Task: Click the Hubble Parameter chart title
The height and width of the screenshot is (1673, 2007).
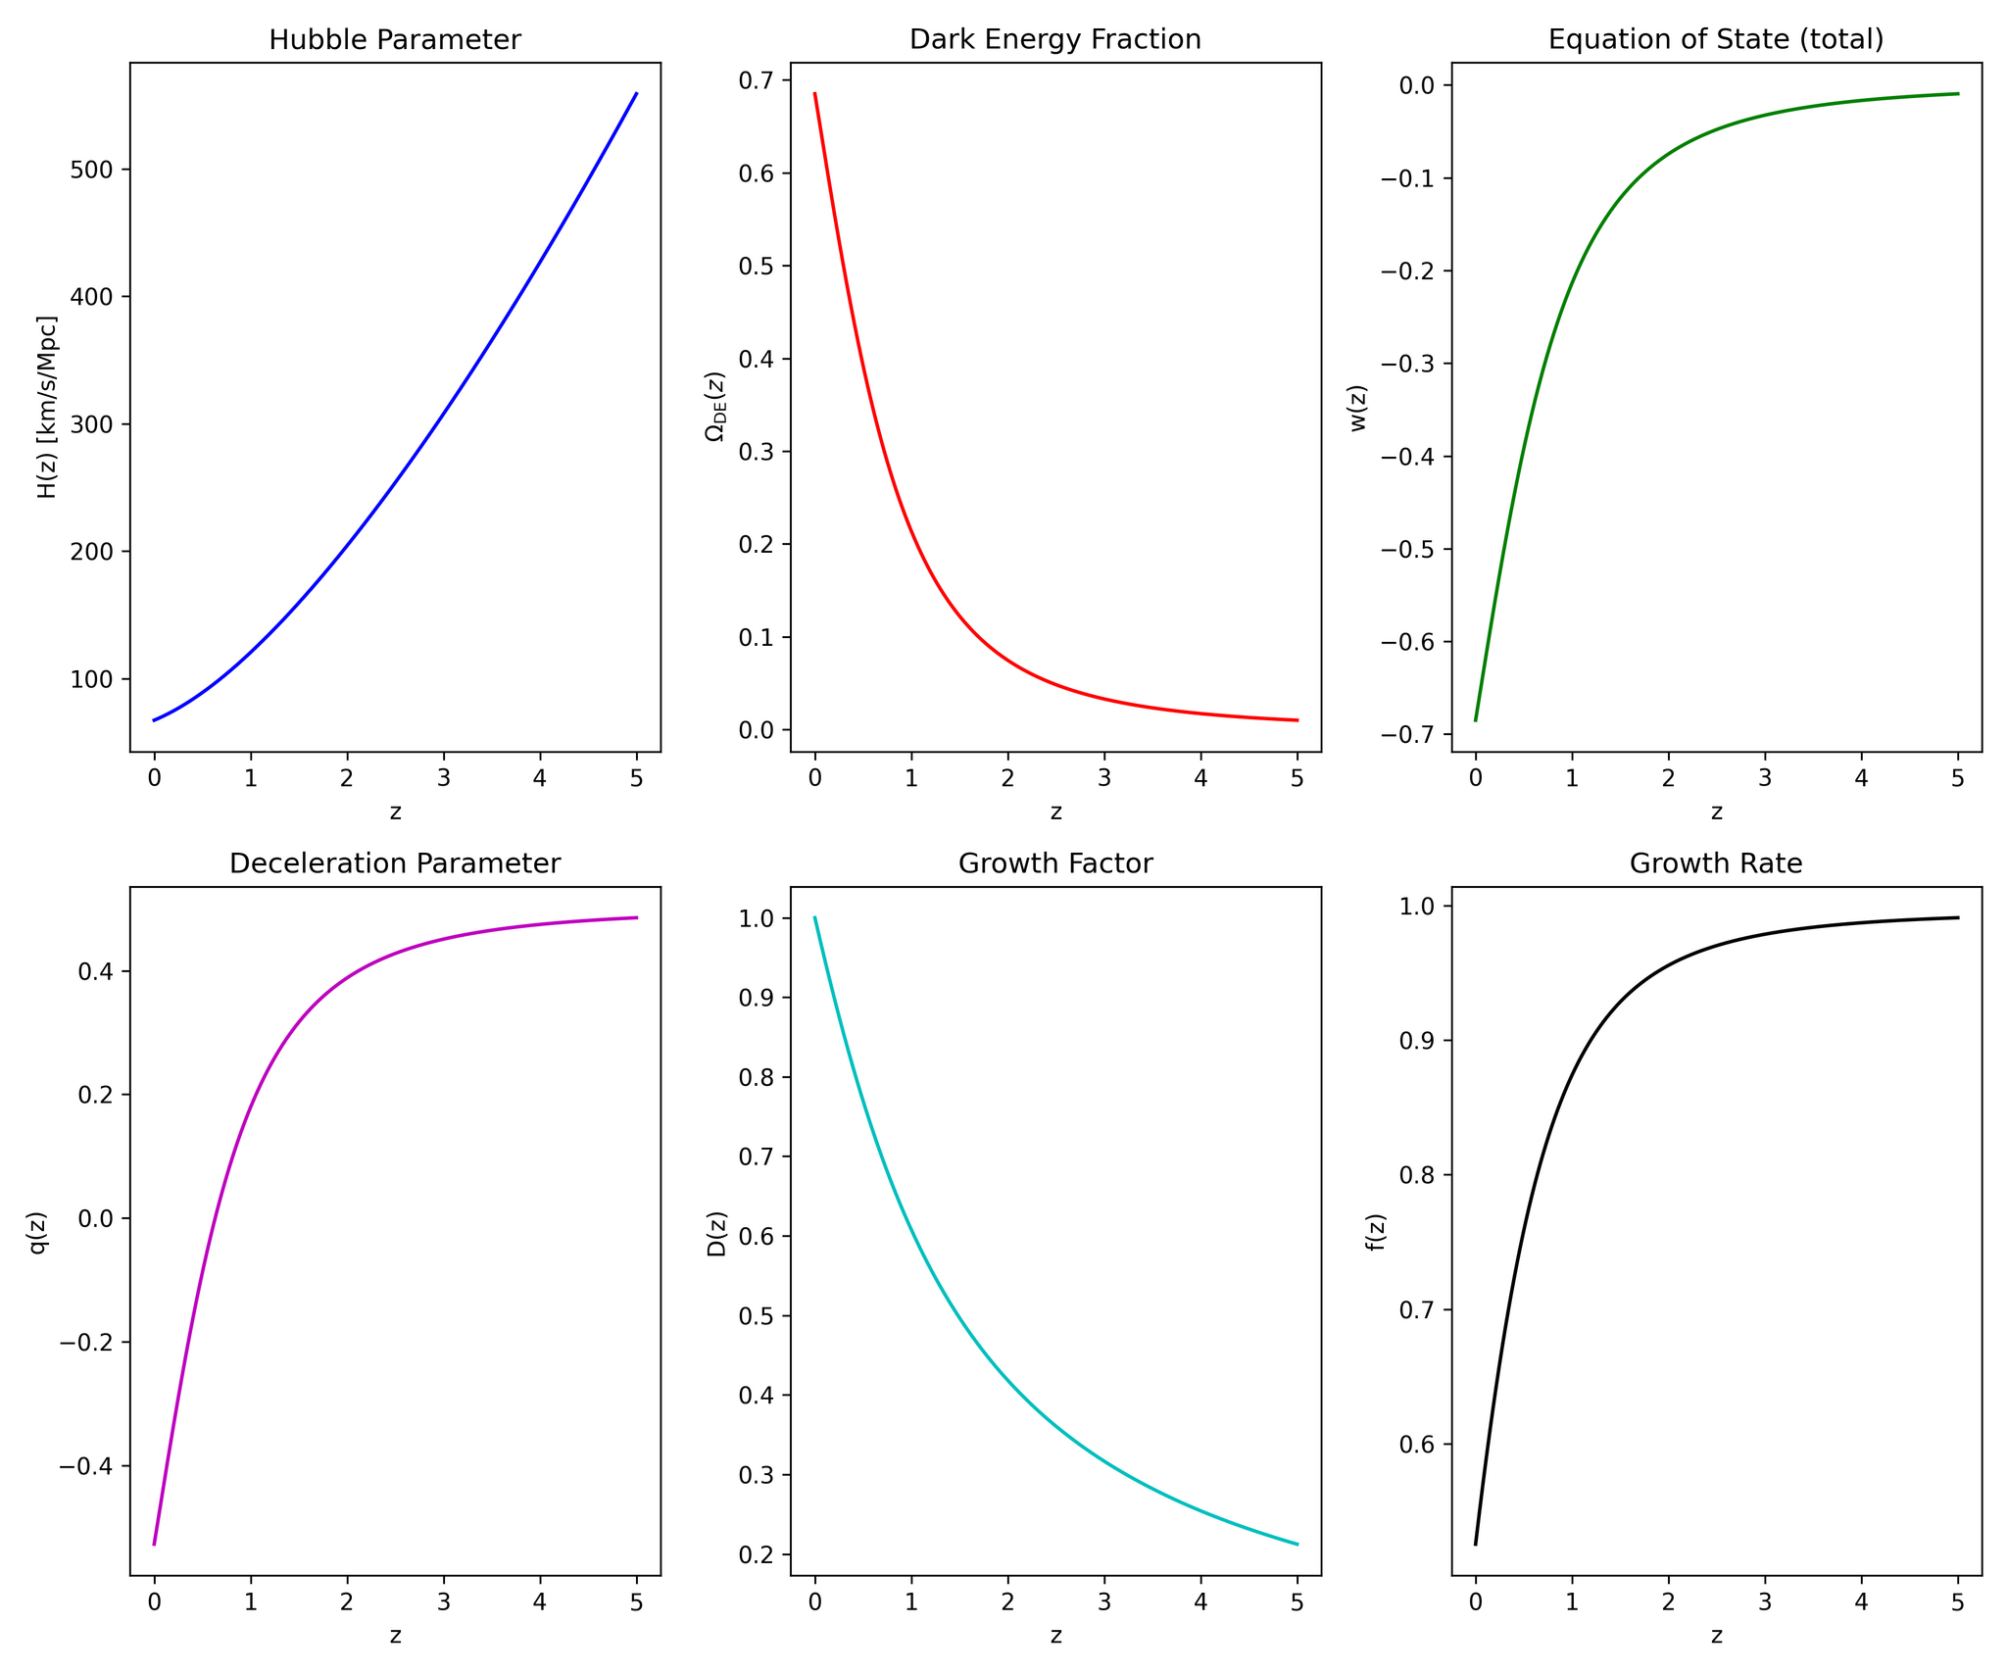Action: pyautogui.click(x=395, y=40)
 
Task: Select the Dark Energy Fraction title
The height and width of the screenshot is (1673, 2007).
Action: pyautogui.click(x=1055, y=40)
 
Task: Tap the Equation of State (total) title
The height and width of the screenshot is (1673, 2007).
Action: pyautogui.click(x=1716, y=40)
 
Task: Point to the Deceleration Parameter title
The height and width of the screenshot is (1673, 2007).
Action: pyautogui.click(x=395, y=863)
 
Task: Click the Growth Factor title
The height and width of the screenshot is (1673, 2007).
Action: pyautogui.click(x=1055, y=863)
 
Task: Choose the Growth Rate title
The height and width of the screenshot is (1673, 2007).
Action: pyautogui.click(x=1716, y=863)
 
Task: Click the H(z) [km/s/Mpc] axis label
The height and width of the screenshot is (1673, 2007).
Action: pyautogui.click(x=47, y=407)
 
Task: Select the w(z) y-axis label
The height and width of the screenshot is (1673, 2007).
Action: pyautogui.click(x=1358, y=408)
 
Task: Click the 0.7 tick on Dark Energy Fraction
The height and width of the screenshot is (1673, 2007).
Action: pyautogui.click(x=757, y=80)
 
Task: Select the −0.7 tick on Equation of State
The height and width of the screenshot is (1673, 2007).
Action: pyautogui.click(x=1407, y=735)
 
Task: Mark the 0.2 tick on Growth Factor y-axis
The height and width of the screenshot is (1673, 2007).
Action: pyautogui.click(x=757, y=1555)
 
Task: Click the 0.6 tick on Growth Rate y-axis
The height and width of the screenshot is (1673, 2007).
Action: pyautogui.click(x=1417, y=1446)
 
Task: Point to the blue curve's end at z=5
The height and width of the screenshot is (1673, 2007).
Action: pyautogui.click(x=637, y=94)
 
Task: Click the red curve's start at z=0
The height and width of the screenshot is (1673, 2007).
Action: pyautogui.click(x=814, y=94)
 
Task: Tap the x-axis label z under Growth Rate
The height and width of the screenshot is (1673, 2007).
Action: pyautogui.click(x=1716, y=1636)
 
